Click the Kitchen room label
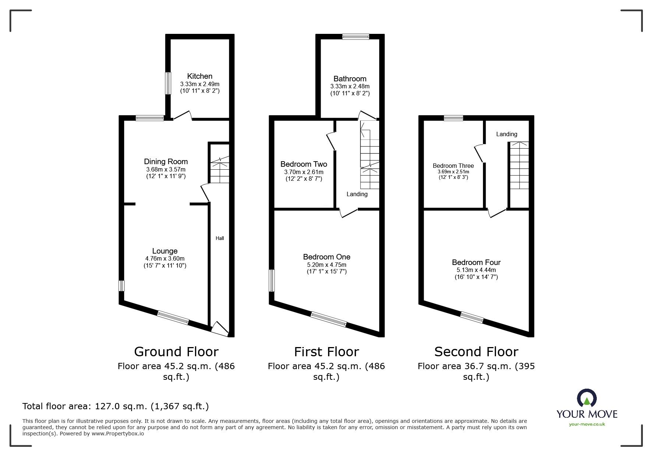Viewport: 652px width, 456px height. pos(200,76)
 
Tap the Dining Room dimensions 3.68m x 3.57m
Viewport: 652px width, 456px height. pos(166,169)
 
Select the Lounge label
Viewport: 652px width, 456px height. pos(165,251)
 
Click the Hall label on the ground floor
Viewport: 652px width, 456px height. pos(220,238)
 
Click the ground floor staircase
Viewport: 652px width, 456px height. pos(220,169)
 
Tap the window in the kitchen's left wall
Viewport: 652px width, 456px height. pos(168,83)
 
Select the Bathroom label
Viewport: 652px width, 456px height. pos(350,79)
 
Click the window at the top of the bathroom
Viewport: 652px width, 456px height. pos(355,36)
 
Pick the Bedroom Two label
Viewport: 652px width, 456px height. pos(304,164)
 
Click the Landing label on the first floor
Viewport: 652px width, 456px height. pos(357,194)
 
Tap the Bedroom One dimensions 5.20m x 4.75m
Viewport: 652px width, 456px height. pos(327,265)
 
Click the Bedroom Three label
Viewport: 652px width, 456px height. pos(453,166)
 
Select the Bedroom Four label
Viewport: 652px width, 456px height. pos(476,262)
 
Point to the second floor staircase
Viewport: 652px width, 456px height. pos(519,166)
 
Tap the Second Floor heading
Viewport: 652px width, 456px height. pos(476,352)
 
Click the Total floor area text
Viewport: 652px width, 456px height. pos(116,406)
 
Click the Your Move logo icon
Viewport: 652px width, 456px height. pos(587,398)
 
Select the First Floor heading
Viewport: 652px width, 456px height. pos(326,352)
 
